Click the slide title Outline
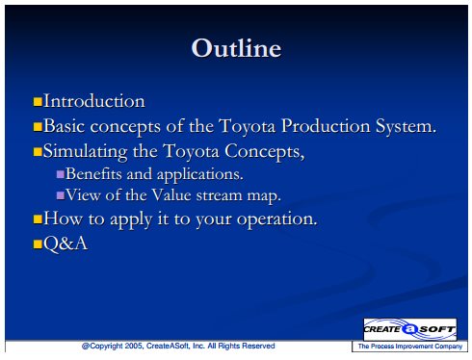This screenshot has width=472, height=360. click(x=236, y=48)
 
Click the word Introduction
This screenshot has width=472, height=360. click(x=94, y=101)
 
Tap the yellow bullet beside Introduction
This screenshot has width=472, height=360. click(x=38, y=102)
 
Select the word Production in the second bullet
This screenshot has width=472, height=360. click(x=326, y=126)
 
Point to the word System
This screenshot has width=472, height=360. click(x=406, y=127)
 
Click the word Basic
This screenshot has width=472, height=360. click(x=64, y=126)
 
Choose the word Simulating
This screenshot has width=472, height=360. click(x=85, y=152)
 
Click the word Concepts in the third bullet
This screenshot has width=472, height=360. click(x=265, y=152)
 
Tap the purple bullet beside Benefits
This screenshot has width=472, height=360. click(x=61, y=174)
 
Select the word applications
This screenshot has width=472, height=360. click(x=200, y=175)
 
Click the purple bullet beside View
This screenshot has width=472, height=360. click(x=61, y=195)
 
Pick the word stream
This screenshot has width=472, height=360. click(x=219, y=195)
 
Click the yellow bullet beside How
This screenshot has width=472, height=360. click(x=38, y=219)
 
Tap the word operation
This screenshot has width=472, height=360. click(x=276, y=220)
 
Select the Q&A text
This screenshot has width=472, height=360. click(x=66, y=244)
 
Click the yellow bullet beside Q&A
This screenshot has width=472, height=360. click(x=38, y=244)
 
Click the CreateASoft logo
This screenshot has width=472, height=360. click(x=409, y=329)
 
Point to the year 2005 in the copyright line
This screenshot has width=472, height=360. click(x=133, y=346)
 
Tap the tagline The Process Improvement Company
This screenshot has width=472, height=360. click(x=410, y=347)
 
